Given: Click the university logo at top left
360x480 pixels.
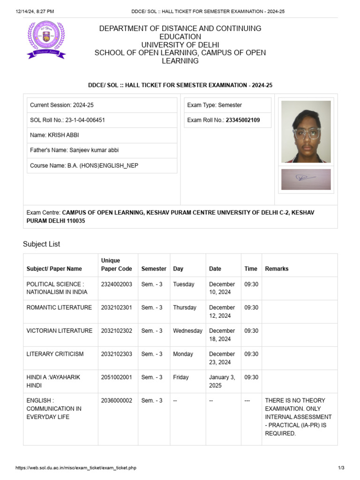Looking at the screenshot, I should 46,40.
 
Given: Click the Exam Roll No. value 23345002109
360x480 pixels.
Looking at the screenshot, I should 243,120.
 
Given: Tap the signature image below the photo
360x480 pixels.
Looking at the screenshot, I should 306,179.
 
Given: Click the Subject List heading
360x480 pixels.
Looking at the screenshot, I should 41,244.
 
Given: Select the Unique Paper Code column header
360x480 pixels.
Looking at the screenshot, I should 111,264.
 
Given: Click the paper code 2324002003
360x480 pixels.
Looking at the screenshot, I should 116,284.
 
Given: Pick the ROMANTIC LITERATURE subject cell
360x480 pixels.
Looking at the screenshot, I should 59,307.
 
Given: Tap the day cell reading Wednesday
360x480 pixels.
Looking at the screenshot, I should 187,330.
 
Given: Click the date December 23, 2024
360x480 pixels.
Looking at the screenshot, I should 222,358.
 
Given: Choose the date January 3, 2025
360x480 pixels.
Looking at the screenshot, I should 222,381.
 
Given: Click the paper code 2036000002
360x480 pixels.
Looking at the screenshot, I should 116,400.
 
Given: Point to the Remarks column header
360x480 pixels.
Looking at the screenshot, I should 277,269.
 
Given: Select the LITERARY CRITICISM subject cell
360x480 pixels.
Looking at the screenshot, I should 55,354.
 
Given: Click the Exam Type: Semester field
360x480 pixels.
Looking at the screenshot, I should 214,105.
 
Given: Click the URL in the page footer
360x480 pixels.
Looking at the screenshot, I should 76,468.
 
